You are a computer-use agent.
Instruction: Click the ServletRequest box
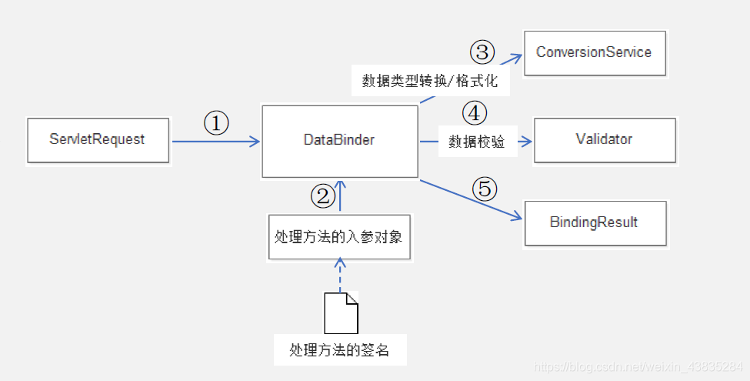pos(98,140)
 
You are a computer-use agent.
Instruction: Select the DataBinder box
pos(339,140)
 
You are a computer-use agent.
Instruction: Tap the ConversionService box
pos(594,52)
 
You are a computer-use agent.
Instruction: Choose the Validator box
pos(604,140)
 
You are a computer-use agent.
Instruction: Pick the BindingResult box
pos(594,222)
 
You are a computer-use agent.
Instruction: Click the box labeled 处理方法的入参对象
pos(338,236)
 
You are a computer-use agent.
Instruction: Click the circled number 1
pos(216,123)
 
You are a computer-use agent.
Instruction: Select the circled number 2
pos(323,196)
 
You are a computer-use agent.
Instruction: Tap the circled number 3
pos(482,52)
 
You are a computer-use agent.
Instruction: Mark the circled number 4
pos(475,113)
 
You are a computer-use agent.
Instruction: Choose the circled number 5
pos(485,189)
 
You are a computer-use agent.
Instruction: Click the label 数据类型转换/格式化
pos(431,80)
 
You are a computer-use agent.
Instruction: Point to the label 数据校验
pos(477,142)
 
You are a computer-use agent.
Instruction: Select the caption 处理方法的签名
pos(339,350)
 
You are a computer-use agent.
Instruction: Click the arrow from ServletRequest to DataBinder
pos(215,142)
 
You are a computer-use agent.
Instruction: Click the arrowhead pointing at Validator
pos(528,142)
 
